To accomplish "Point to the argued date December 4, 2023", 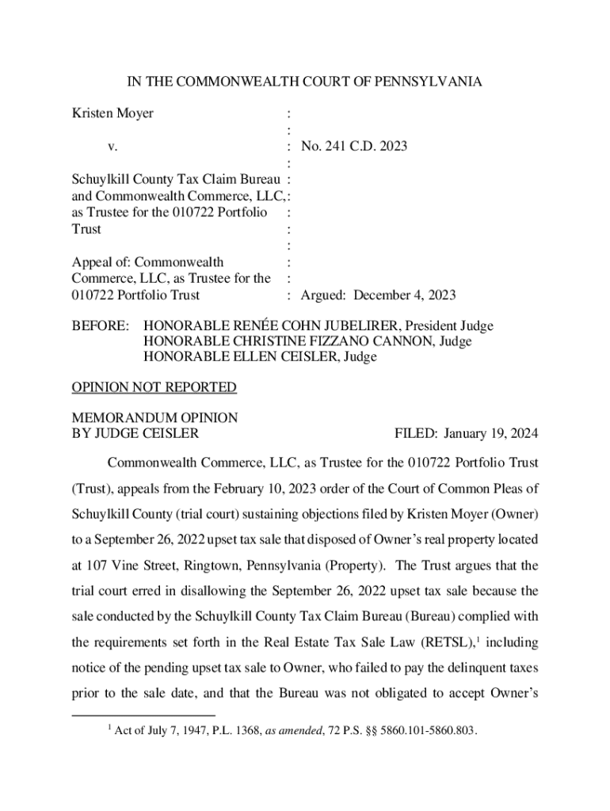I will [x=404, y=295].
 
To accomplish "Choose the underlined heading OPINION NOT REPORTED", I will [x=154, y=387].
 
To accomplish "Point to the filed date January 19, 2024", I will [x=491, y=433].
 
